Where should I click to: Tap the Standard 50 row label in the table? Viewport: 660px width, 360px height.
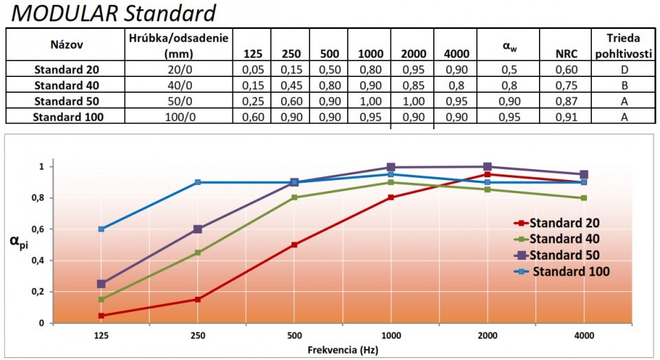coord(68,102)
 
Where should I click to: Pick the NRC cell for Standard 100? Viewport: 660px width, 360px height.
coord(566,116)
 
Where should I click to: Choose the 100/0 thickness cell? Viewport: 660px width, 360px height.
coord(177,116)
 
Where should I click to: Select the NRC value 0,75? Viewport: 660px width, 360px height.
coord(566,85)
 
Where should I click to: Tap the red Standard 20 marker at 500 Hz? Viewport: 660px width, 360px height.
coord(294,245)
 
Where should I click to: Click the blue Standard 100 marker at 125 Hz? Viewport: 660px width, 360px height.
coord(101,229)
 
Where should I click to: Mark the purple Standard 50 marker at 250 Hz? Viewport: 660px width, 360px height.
coord(197,229)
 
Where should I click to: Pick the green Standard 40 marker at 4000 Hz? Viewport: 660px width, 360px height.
coord(584,198)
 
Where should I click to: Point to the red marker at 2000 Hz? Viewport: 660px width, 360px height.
coord(487,175)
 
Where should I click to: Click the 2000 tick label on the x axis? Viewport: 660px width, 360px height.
coord(487,337)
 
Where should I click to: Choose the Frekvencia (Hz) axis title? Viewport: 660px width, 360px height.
coord(342,350)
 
